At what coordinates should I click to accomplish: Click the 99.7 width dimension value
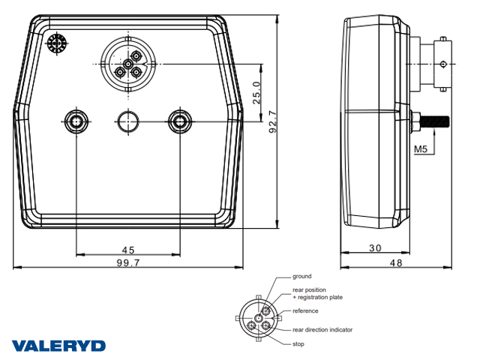128,262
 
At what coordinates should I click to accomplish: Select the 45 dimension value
128,250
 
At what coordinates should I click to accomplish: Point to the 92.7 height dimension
273,121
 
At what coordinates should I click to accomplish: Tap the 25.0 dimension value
256,93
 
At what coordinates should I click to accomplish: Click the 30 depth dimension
375,247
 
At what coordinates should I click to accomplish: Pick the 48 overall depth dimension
396,262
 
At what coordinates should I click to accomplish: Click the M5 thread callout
420,149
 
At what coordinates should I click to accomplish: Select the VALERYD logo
58,346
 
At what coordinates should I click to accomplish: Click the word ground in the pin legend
301,277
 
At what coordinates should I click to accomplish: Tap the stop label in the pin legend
298,343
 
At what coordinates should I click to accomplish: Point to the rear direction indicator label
322,330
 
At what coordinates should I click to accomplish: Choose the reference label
305,310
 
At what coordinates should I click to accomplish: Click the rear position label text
309,289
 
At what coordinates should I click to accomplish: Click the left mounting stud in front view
76,121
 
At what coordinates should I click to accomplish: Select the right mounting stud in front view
180,121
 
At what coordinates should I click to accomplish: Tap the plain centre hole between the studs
128,121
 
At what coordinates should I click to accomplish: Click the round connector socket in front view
128,64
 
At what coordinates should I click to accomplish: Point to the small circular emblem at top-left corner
57,43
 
